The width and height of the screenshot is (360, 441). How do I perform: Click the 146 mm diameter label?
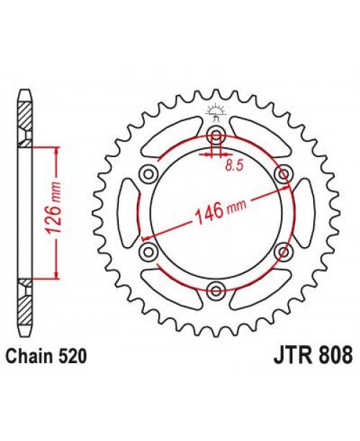pyautogui.click(x=217, y=210)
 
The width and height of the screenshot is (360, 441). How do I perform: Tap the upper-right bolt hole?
pyautogui.click(x=284, y=173)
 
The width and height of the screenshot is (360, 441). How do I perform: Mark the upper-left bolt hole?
pyautogui.click(x=149, y=173)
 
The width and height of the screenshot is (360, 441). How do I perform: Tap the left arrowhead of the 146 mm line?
pyautogui.click(x=146, y=238)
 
